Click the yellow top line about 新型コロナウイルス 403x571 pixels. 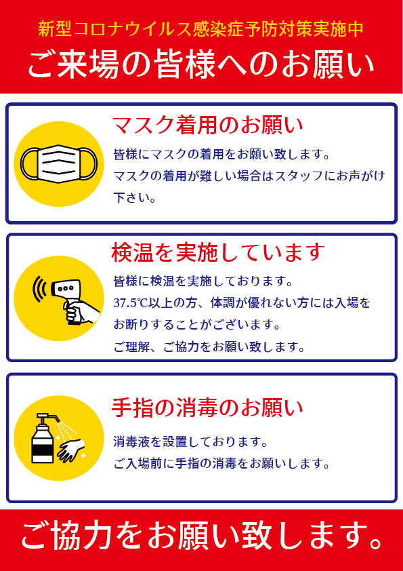click(x=201, y=29)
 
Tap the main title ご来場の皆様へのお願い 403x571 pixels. click(x=201, y=66)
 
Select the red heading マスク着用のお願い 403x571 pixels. click(x=208, y=125)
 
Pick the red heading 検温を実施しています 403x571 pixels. click(x=218, y=253)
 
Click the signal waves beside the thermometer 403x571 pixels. click(x=39, y=288)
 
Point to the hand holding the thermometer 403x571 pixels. click(x=81, y=312)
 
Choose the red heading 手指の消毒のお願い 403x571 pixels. click(x=207, y=408)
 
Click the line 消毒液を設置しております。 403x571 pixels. click(x=190, y=442)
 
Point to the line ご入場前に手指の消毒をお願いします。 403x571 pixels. click(x=221, y=464)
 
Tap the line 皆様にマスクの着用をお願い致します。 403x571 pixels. click(x=221, y=155)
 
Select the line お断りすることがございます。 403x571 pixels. click(x=197, y=325)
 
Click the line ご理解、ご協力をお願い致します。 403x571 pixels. click(x=209, y=347)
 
